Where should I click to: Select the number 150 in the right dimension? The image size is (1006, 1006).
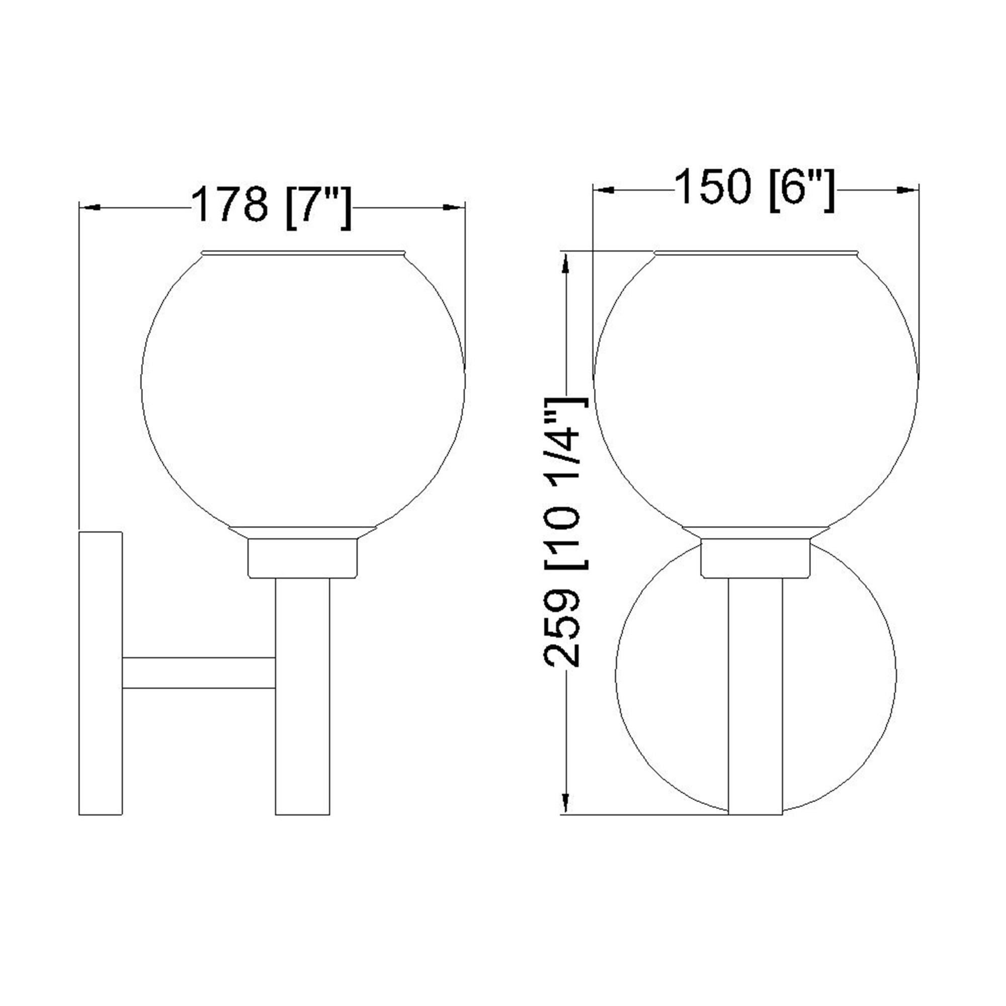713,187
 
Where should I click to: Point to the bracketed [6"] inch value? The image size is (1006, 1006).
802,190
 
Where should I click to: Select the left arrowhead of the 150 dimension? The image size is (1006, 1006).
603,191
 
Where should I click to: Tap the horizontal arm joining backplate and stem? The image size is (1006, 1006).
198,673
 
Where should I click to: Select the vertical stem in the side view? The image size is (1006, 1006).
302,703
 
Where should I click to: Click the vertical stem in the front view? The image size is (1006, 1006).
755,703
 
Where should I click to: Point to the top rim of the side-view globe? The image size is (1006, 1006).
302,253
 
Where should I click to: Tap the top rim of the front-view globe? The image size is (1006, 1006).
756,253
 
